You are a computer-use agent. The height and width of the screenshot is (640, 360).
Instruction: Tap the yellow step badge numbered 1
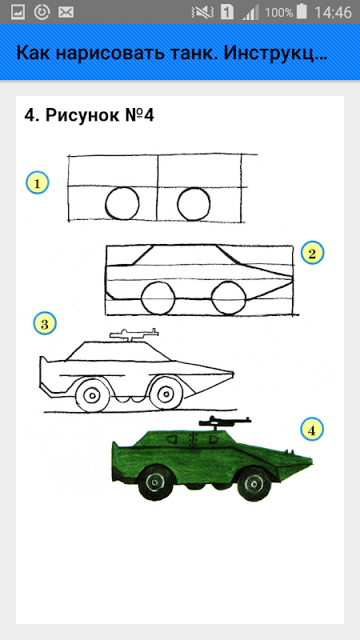point(38,183)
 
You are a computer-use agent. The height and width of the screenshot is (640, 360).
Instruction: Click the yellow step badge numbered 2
point(312,253)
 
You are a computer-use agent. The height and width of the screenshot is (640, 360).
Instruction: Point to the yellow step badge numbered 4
point(312,430)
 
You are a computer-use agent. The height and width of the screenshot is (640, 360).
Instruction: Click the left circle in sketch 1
point(106,203)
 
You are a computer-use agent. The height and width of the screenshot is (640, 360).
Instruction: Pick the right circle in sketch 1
point(178,203)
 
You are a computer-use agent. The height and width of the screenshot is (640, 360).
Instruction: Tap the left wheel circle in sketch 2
point(142,298)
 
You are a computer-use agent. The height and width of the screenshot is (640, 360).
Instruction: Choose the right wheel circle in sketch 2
point(212,298)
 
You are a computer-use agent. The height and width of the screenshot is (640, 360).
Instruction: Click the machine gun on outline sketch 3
point(134,334)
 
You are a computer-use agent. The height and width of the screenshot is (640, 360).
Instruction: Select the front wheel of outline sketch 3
point(166,394)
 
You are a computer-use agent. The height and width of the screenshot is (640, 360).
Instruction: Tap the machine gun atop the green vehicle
point(224,422)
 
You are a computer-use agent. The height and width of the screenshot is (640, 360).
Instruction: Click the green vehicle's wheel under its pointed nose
point(254,485)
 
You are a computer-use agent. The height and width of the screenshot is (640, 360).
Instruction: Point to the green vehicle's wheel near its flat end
point(155,483)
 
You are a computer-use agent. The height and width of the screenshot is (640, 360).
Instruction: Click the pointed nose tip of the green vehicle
point(312,462)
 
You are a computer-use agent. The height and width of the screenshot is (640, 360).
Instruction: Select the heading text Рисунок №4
point(99,115)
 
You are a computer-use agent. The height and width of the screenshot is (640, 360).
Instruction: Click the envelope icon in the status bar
point(66,12)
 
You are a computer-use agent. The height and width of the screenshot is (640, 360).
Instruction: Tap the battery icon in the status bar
point(302,12)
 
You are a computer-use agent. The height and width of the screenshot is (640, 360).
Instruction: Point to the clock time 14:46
point(333,12)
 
